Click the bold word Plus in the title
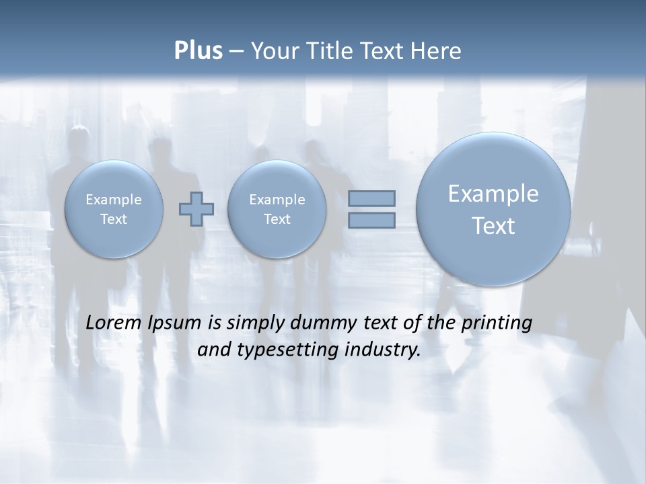198,51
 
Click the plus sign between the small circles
196,209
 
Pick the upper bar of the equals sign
371,198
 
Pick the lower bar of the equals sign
371,220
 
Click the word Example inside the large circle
493,194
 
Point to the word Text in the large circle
493,226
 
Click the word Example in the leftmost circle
114,200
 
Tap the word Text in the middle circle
277,219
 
